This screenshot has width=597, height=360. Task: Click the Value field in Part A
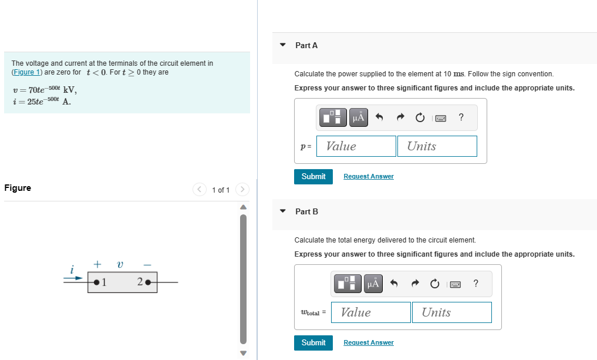click(356, 146)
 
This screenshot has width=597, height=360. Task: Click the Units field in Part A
click(437, 146)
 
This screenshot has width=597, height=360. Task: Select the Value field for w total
click(371, 312)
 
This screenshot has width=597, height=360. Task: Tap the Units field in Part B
click(451, 312)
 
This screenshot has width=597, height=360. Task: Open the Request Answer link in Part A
click(368, 176)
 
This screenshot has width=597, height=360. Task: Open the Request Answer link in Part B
click(368, 342)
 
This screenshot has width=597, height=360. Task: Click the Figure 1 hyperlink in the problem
click(23, 72)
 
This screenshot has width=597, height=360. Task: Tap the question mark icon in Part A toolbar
click(461, 117)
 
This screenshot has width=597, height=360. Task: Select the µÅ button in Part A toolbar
click(358, 117)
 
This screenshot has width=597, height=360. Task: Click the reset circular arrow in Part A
click(420, 118)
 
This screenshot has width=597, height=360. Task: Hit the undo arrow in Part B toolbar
click(394, 284)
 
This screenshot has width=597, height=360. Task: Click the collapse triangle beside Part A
click(283, 45)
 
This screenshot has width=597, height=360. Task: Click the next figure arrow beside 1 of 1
click(242, 190)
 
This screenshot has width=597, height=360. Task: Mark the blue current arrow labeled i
click(73, 279)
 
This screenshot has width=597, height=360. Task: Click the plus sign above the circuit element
click(97, 265)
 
